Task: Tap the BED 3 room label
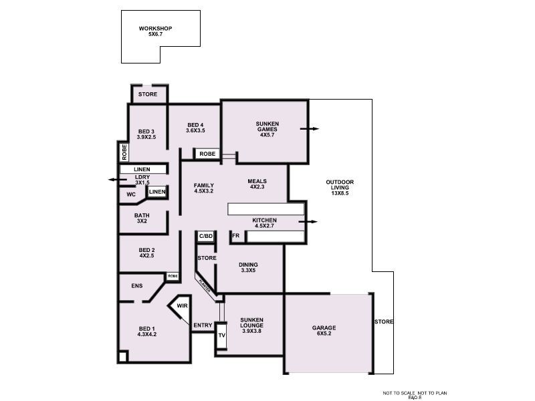146,134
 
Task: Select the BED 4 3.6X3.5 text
195,128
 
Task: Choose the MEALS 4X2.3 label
257,184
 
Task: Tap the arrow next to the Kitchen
308,221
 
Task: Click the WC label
131,194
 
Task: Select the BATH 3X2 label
142,219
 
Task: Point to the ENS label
137,285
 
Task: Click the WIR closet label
182,307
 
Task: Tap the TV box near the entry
222,336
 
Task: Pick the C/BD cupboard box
206,236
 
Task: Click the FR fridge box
235,236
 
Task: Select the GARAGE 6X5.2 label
324,331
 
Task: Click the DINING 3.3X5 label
248,267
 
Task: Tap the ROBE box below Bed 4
207,154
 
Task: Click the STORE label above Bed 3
148,94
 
